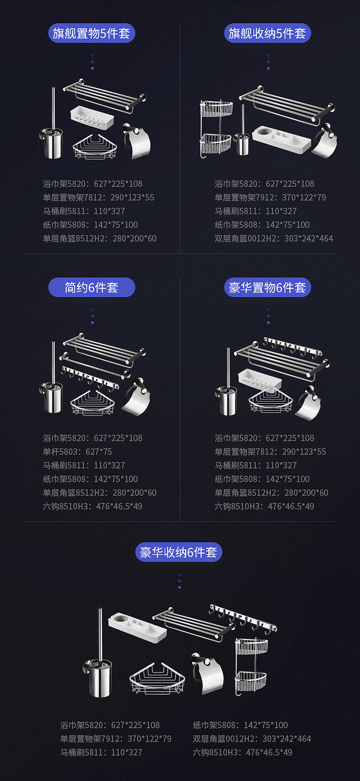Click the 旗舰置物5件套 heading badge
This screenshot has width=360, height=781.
pos(91,33)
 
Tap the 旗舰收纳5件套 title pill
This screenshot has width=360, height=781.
pos(267,33)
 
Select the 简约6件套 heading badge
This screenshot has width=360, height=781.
pos(91,287)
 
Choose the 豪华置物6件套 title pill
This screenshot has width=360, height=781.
pos(267,287)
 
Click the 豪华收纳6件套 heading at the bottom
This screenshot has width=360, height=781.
pos(179,552)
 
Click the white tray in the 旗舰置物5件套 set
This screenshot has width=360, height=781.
pos(92,117)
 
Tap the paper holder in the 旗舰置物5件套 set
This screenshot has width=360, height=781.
pos(137,141)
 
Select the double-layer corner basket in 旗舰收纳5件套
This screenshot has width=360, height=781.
pos(216,129)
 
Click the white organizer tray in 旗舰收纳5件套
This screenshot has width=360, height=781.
pos(281,139)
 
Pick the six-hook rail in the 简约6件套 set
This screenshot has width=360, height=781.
pos(90,377)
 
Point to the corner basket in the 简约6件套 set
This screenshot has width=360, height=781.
pos(92,403)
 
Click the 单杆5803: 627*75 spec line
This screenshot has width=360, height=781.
pos(77,452)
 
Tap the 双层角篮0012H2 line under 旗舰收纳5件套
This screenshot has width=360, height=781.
pos(274,239)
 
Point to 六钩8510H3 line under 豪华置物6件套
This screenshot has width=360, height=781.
pos(264,506)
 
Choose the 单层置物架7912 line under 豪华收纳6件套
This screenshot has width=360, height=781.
pos(116,739)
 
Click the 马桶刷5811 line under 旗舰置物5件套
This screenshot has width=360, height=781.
pos(84,211)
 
